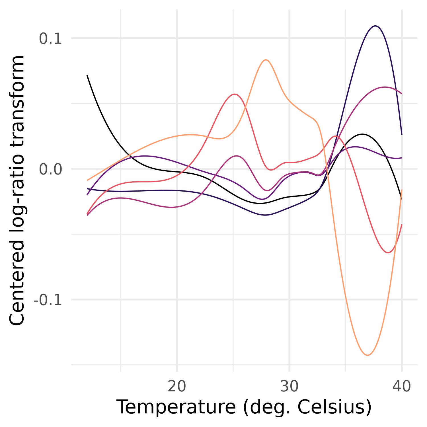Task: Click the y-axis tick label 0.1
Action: coord(50,39)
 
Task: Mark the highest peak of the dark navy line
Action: coord(376,26)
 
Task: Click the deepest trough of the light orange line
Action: coord(368,355)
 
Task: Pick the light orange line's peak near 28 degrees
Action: coord(266,60)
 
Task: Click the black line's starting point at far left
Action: coord(87,75)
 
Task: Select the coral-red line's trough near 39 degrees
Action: coord(388,252)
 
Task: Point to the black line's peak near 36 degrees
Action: coord(362,134)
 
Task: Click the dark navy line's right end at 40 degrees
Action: coord(402,134)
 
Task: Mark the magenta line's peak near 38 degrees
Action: coord(385,87)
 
